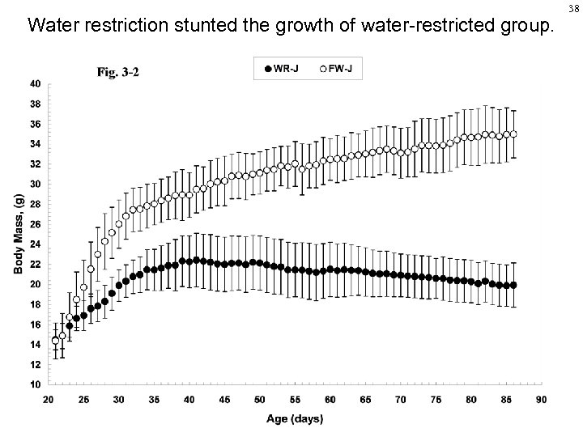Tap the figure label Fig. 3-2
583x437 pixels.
118,72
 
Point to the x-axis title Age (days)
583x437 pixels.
295,418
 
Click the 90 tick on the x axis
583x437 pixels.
542,399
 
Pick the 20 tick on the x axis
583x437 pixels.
48,399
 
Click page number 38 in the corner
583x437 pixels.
573,7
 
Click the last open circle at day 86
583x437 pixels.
513,134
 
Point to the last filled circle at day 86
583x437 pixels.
513,285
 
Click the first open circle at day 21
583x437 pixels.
55,341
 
